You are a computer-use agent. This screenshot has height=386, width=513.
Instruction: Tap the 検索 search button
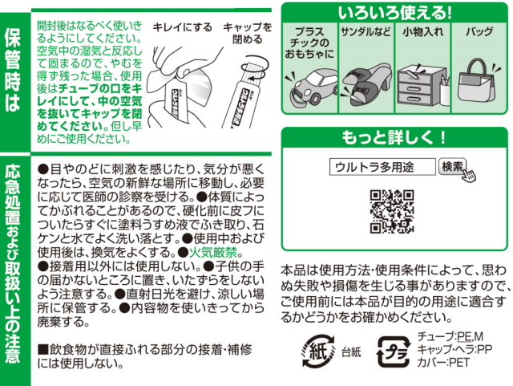point(453,166)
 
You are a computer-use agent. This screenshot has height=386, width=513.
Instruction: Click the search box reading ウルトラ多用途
point(382,167)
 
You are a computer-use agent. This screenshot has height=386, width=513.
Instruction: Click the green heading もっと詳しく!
point(394,136)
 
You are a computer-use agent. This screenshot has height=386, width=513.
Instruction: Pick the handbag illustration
point(479,83)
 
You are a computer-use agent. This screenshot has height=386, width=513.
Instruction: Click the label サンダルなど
point(366,34)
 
